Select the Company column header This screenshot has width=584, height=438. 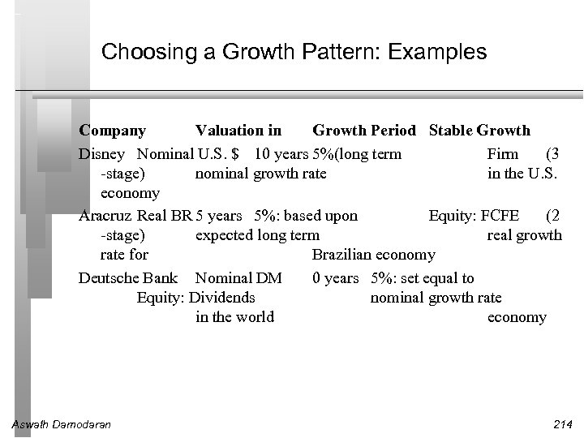tap(113, 130)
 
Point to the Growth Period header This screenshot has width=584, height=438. tap(364, 130)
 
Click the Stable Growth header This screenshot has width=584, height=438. tap(479, 130)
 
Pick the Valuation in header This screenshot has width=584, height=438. tap(238, 130)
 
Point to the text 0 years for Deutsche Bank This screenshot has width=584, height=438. tap(336, 278)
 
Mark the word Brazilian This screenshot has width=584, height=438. tap(341, 255)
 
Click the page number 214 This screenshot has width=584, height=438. tap(559, 423)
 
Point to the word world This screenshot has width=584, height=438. tap(254, 317)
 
